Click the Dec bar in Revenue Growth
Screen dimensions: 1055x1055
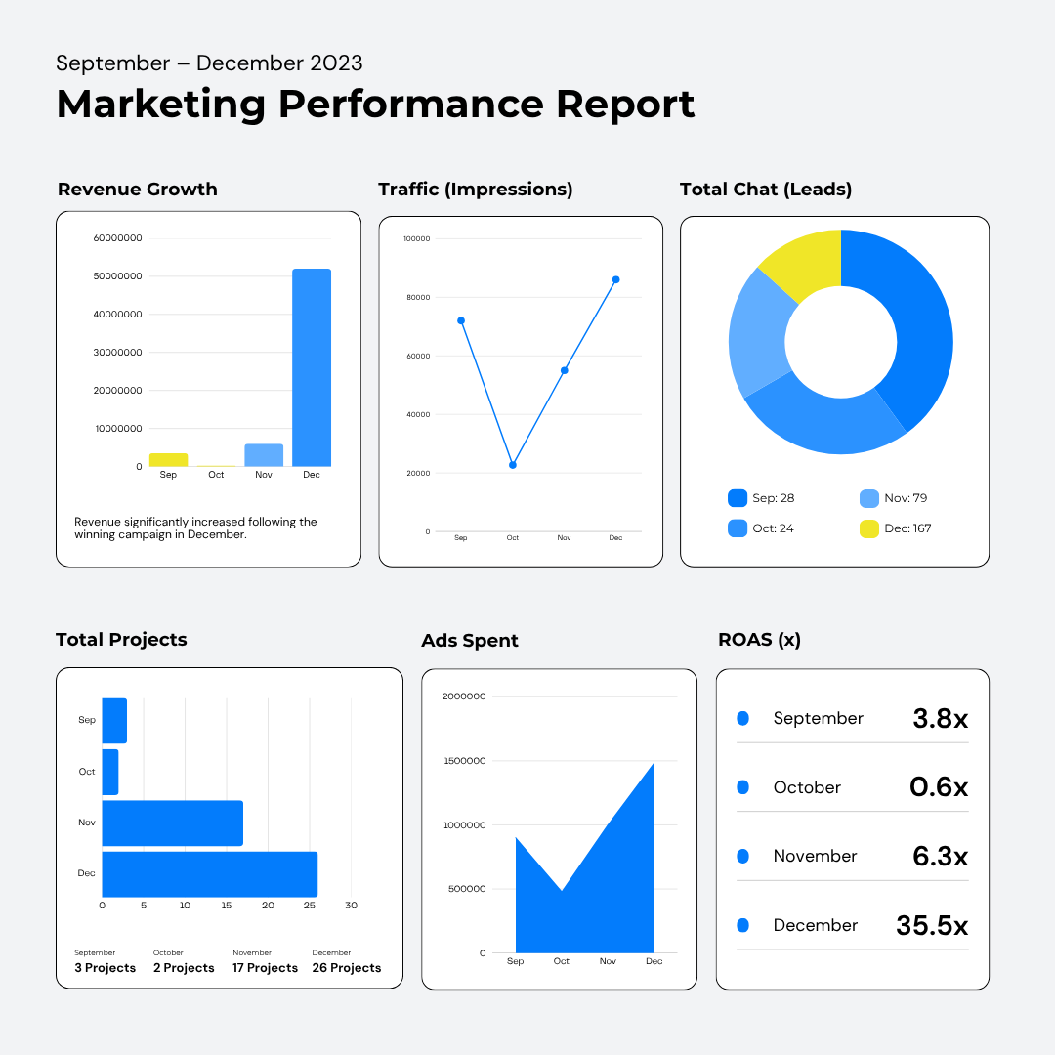(x=312, y=367)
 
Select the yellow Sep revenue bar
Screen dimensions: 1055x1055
(x=168, y=459)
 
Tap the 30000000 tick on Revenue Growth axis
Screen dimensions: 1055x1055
(x=118, y=352)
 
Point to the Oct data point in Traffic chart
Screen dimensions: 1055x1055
(x=513, y=465)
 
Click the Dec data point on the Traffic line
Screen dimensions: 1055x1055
(x=615, y=280)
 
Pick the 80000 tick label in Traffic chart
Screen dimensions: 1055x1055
(x=418, y=297)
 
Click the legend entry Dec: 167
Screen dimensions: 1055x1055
(x=896, y=528)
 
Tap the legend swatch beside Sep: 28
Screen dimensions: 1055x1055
(x=738, y=498)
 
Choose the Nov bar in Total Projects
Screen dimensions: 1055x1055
(x=172, y=823)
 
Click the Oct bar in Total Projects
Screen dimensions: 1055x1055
(x=110, y=772)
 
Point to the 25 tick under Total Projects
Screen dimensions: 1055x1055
(x=310, y=906)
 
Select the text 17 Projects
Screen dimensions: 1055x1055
(x=265, y=967)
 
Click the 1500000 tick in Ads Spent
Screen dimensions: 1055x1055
(x=464, y=761)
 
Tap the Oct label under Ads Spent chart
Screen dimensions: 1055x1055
(x=561, y=961)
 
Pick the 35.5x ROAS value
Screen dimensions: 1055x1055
(x=932, y=925)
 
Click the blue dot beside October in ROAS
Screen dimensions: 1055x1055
(x=742, y=787)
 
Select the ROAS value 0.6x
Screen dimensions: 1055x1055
(x=939, y=786)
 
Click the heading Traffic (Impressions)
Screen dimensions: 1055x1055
(x=475, y=190)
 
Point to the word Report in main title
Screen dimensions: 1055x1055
(x=625, y=105)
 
